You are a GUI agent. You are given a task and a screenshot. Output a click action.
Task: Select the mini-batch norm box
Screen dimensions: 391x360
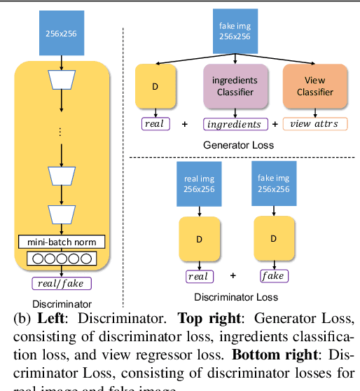click(62, 242)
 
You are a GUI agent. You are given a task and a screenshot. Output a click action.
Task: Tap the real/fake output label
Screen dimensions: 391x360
click(62, 284)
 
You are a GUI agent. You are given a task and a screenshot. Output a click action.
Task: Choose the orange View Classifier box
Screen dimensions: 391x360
click(314, 85)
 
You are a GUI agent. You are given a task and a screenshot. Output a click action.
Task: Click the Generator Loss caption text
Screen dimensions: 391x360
click(238, 144)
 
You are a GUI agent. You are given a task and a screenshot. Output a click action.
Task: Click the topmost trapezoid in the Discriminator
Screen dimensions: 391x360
click(62, 83)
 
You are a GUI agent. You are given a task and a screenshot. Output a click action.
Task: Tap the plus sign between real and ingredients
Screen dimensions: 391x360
click(185, 124)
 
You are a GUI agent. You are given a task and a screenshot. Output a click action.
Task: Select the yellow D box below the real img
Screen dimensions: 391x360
click(199, 239)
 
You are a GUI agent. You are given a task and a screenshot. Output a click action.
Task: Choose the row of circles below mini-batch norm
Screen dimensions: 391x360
click(62, 259)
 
